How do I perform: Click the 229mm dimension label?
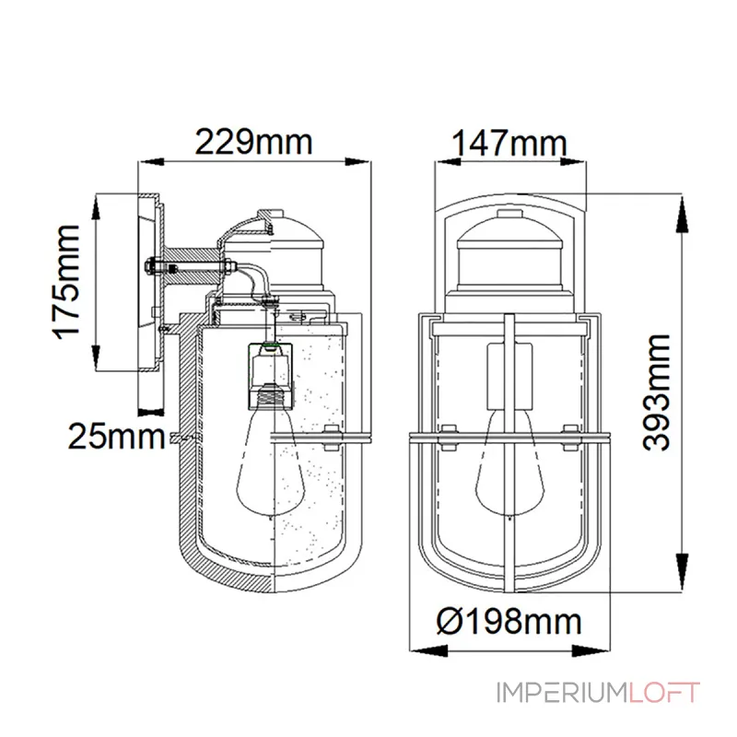click(x=253, y=142)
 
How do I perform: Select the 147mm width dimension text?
click(x=509, y=143)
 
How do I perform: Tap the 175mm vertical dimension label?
click(x=65, y=281)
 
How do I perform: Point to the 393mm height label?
click(x=656, y=392)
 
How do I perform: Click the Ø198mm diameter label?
click(x=509, y=621)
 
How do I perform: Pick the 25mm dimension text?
click(x=117, y=437)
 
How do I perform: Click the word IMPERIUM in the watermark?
click(x=562, y=693)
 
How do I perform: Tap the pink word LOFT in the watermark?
click(x=664, y=693)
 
